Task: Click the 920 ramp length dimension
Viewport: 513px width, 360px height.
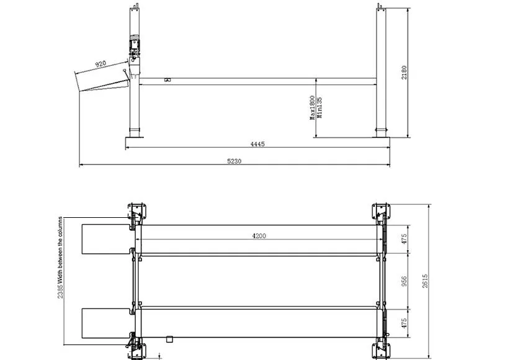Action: point(100,63)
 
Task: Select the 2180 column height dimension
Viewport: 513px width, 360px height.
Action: point(404,73)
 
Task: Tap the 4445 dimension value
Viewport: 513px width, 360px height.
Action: point(257,143)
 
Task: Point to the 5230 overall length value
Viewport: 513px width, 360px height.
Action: point(234,161)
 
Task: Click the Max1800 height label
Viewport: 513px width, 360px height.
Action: point(312,107)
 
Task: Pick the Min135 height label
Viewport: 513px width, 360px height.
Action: point(319,107)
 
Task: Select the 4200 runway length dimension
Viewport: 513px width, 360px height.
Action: point(259,236)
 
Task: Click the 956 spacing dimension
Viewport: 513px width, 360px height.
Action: point(404,281)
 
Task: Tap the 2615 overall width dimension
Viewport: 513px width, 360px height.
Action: point(425,281)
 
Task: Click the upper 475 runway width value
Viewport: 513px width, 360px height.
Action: point(404,239)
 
